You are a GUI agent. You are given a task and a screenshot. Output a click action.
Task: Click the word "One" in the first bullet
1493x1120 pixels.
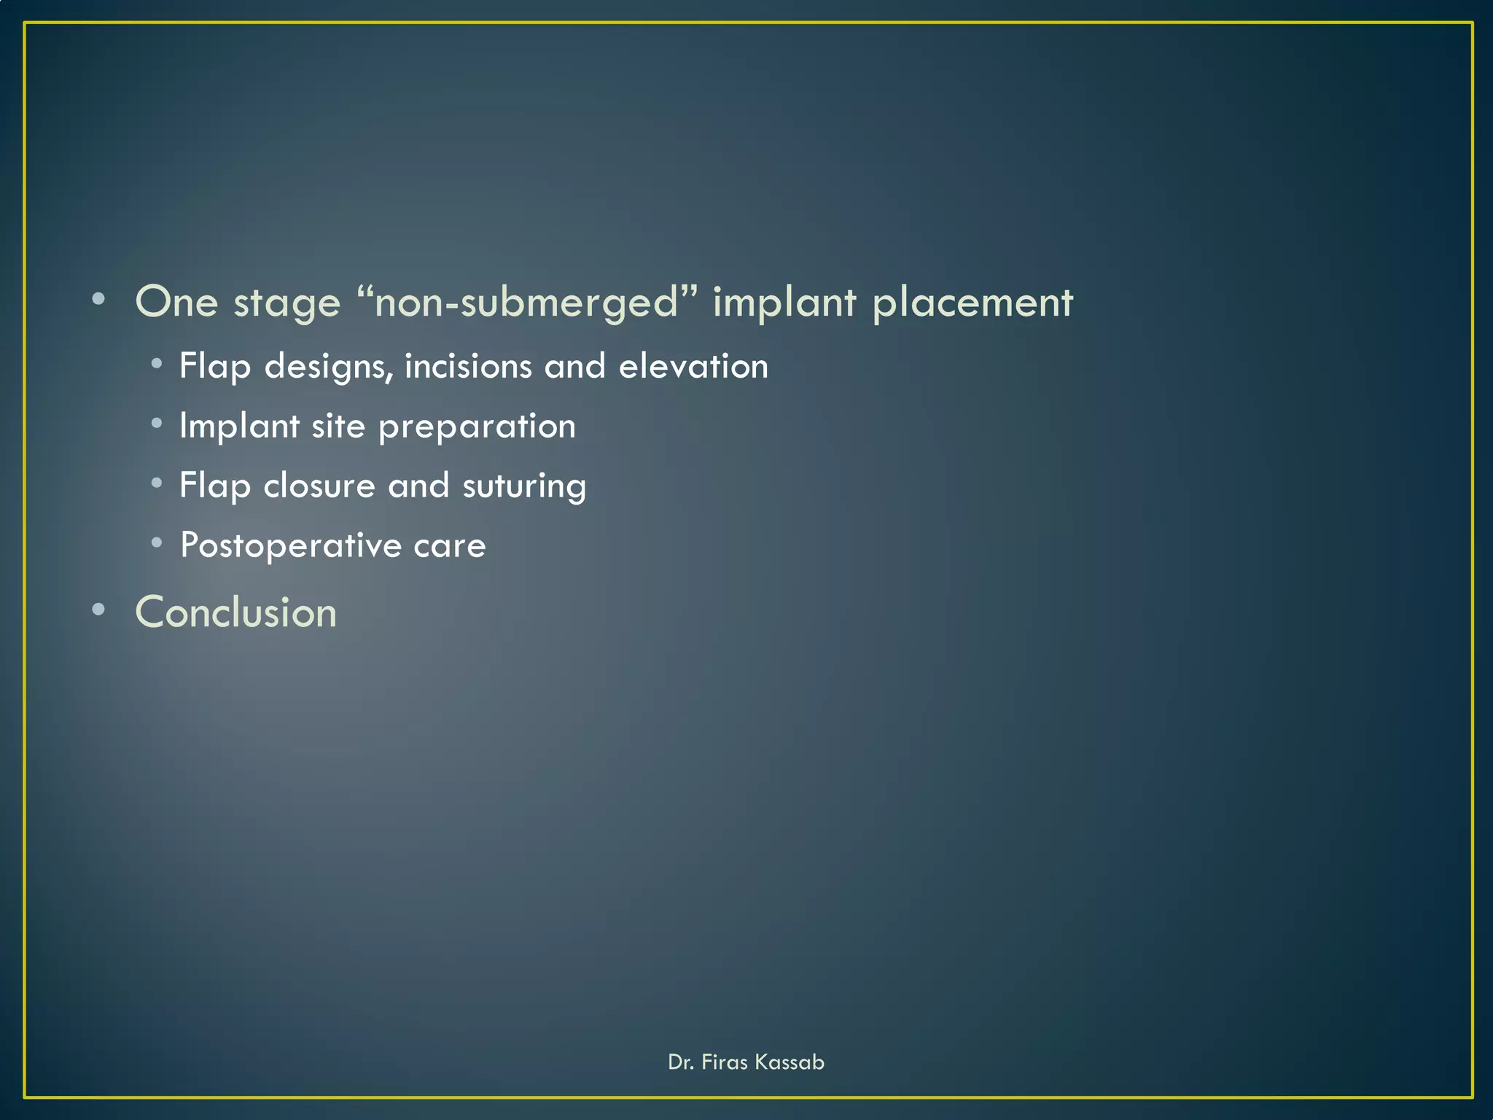click(176, 302)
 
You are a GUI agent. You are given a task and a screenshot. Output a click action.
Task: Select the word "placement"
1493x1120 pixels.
click(972, 303)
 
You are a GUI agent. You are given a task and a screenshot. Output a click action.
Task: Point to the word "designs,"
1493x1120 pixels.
click(329, 367)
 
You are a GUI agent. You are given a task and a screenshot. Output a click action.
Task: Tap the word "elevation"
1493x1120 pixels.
click(693, 366)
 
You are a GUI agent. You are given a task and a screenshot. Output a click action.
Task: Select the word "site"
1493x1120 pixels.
click(338, 426)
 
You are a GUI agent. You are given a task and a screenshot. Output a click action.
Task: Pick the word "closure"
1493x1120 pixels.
click(319, 486)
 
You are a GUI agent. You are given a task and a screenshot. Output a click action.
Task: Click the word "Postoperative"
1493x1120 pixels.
click(290, 546)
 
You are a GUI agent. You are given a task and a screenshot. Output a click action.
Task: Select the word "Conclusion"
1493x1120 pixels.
click(236, 612)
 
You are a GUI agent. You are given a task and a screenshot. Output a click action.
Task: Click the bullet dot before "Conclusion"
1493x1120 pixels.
click(99, 610)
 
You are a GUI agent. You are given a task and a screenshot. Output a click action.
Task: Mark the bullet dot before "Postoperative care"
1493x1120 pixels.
click(157, 542)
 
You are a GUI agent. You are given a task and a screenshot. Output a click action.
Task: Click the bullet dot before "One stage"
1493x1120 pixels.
click(99, 299)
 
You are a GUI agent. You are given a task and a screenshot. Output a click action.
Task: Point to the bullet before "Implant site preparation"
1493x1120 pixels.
click(157, 423)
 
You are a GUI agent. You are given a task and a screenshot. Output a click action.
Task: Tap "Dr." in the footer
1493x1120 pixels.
click(680, 1062)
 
